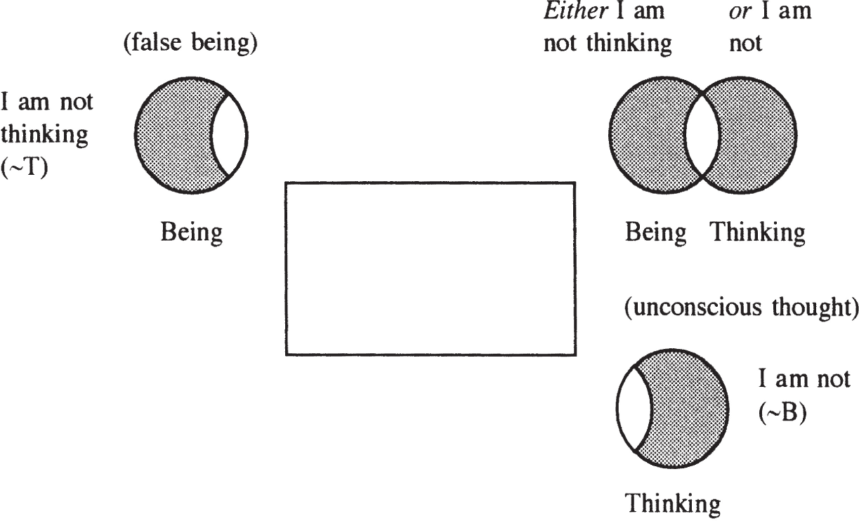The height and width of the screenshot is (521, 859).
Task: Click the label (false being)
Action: coord(190,43)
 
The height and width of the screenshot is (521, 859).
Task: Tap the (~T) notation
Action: coord(24,167)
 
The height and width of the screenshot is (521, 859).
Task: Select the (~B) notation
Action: coord(782,413)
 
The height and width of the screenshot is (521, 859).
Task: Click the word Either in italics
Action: coord(576,11)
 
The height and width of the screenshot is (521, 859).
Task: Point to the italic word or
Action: coord(740,12)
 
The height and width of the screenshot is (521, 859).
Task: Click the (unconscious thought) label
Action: coord(741,308)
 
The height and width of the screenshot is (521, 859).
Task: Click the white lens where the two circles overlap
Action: coord(702,136)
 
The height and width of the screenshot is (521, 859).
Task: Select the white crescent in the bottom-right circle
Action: coord(634,408)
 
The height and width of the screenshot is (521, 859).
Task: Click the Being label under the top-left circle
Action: coord(191,232)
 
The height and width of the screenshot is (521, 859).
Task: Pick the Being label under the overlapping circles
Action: coord(656,232)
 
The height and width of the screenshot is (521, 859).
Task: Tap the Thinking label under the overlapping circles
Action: coord(758,232)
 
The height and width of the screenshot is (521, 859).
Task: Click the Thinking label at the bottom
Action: coord(673,503)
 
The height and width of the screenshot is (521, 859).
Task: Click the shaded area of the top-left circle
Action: coord(174,136)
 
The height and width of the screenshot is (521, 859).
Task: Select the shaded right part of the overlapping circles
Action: coord(757,136)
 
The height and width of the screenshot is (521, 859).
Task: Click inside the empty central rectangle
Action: coord(431,269)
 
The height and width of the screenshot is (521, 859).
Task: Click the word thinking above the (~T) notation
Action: coord(44,136)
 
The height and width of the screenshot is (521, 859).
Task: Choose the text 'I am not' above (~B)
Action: coord(804,379)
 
